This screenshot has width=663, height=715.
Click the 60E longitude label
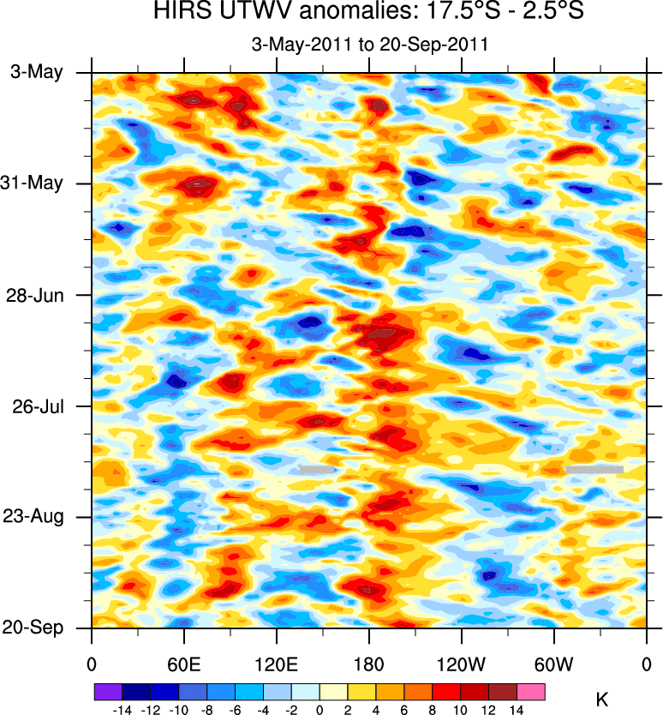[184, 663]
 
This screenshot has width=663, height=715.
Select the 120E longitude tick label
[276, 663]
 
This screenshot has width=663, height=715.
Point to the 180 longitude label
[368, 663]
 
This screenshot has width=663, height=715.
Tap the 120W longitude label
[461, 663]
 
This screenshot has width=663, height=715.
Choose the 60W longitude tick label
[554, 663]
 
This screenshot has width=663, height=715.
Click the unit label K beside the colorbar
[602, 699]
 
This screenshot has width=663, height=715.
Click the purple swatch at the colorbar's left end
[110, 689]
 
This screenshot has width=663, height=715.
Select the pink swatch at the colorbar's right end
[531, 689]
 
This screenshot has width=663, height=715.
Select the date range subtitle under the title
[368, 45]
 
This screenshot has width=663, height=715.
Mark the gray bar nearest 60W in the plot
[594, 469]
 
